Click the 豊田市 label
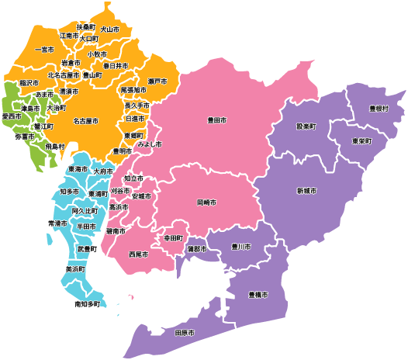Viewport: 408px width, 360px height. (217, 121)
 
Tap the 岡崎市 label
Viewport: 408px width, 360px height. (206, 202)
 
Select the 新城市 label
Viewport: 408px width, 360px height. (306, 191)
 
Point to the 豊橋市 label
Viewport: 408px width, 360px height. (258, 295)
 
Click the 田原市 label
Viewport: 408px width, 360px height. (185, 333)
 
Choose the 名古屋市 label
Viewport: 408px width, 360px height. (85, 121)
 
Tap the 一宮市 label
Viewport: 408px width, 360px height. (44, 50)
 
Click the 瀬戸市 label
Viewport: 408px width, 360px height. (157, 81)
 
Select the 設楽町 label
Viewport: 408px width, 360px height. (306, 125)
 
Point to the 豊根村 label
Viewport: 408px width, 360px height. (379, 109)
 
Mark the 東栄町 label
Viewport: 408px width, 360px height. (361, 142)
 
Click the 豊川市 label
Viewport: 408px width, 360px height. (242, 247)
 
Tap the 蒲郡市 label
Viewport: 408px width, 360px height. (198, 249)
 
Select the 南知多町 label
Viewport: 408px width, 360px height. (88, 304)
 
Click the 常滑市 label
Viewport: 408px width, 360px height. (59, 223)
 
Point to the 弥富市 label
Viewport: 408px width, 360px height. (25, 137)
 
